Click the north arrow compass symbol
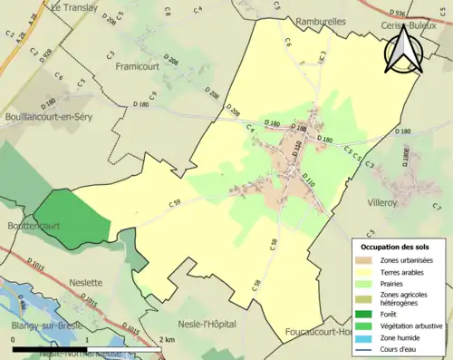click(403, 49)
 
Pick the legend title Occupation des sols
click(396, 247)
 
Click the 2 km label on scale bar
click(169, 339)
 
